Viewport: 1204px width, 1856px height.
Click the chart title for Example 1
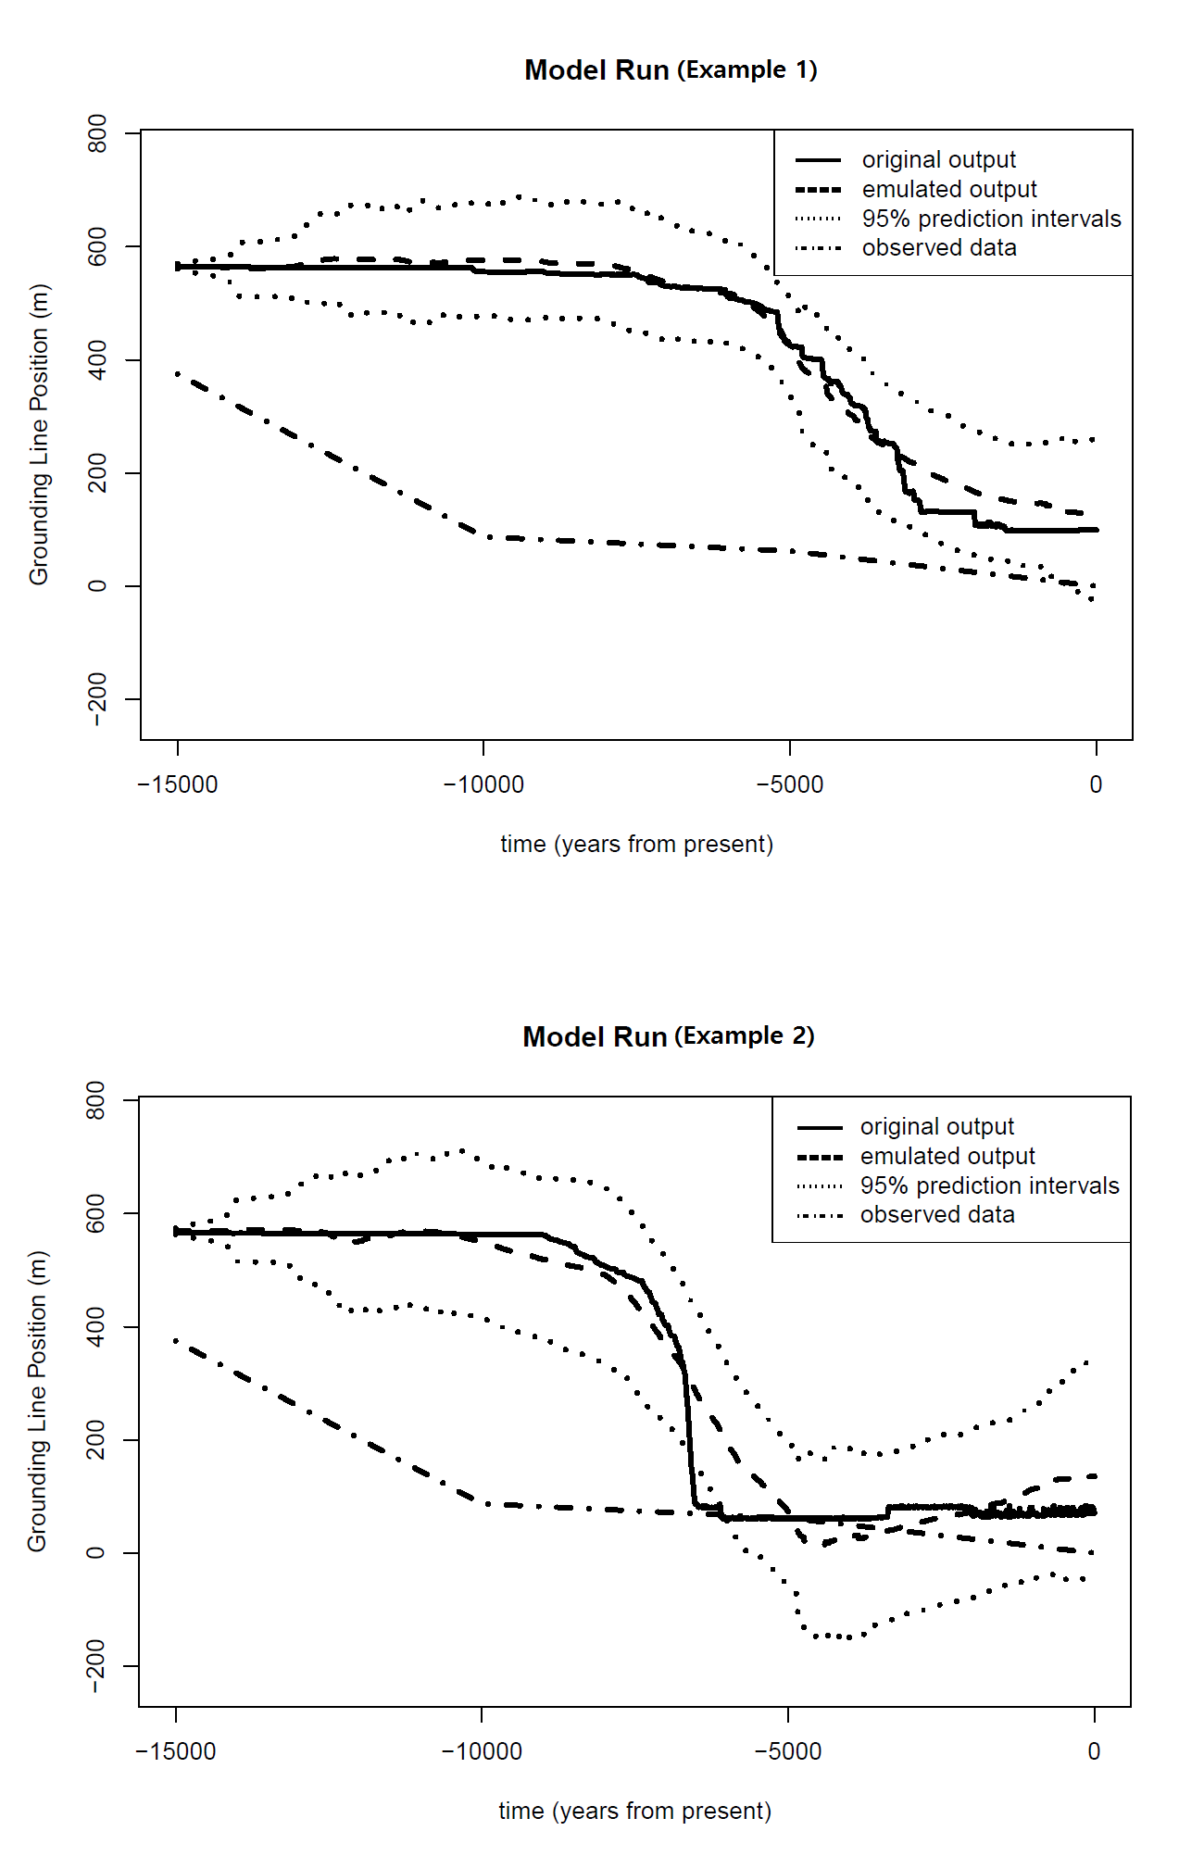pyautogui.click(x=671, y=70)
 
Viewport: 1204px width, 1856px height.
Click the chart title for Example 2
pyautogui.click(x=669, y=1036)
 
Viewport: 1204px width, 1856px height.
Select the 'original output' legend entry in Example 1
pyautogui.click(x=938, y=160)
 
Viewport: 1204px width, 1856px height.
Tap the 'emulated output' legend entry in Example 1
pyautogui.click(x=948, y=190)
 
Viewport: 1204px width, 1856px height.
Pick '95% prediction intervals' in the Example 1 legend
pyautogui.click(x=991, y=219)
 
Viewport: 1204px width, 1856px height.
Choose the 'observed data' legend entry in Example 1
pyautogui.click(x=939, y=248)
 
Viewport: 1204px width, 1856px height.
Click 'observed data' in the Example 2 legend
pyautogui.click(x=937, y=1215)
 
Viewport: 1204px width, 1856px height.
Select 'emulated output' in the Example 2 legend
pyautogui.click(x=947, y=1157)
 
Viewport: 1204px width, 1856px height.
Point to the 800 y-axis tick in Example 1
pyautogui.click(x=97, y=133)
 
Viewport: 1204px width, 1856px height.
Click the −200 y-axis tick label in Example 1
pyautogui.click(x=97, y=699)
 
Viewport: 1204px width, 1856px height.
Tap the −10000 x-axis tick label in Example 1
pyautogui.click(x=483, y=785)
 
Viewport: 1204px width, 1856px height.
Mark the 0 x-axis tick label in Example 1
pyautogui.click(x=1096, y=785)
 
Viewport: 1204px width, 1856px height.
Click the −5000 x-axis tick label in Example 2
pyautogui.click(x=788, y=1752)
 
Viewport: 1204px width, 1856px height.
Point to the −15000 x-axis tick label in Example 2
pyautogui.click(x=176, y=1752)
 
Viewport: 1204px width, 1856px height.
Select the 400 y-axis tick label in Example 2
pyautogui.click(x=95, y=1326)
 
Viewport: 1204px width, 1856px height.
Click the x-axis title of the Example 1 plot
pyautogui.click(x=636, y=845)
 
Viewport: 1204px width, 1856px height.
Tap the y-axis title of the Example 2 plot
pyautogui.click(x=37, y=1401)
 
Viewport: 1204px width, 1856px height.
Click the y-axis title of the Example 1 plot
pyautogui.click(x=39, y=434)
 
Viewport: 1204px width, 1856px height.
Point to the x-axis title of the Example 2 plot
pyautogui.click(x=634, y=1812)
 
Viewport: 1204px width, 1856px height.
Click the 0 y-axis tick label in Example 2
pyautogui.click(x=95, y=1553)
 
